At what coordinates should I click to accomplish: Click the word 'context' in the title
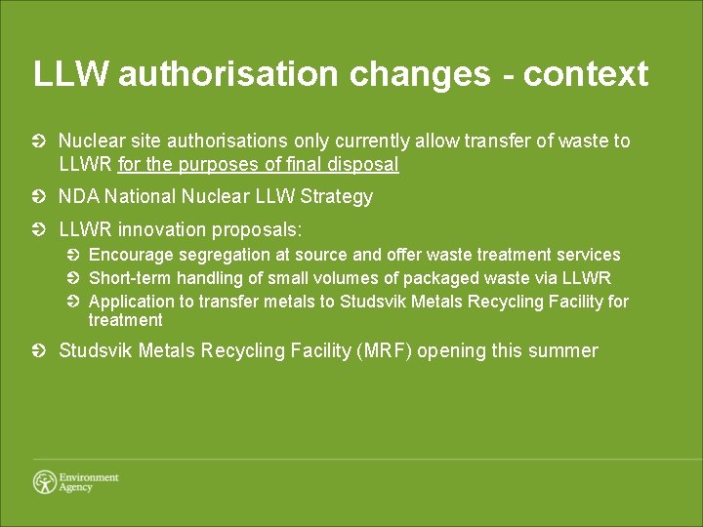586,74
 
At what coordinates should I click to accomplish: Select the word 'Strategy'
337,197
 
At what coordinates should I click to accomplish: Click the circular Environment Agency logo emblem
44,482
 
